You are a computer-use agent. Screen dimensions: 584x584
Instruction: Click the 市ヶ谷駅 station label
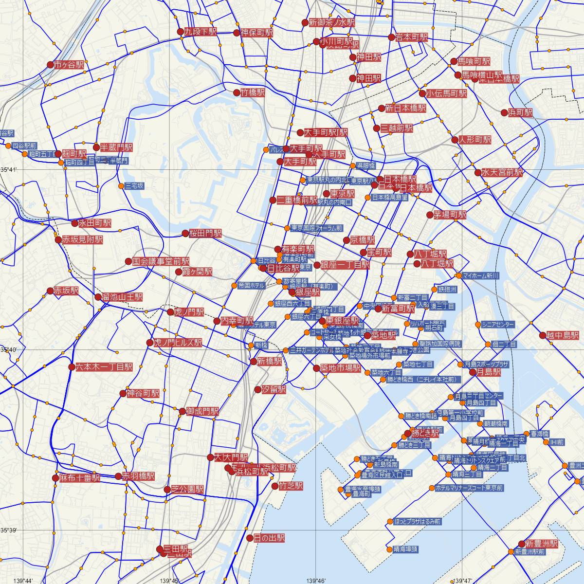pyautogui.click(x=69, y=64)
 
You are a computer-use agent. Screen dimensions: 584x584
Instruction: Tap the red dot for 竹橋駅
pyautogui.click(x=237, y=92)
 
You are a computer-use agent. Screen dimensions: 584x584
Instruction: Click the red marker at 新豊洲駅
pyautogui.click(x=521, y=544)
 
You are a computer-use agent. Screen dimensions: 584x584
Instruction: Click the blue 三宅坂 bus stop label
pyautogui.click(x=134, y=186)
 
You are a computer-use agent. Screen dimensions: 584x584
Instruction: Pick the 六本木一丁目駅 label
pyautogui.click(x=104, y=367)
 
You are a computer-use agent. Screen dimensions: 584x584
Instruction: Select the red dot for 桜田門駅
pyautogui.click(x=185, y=234)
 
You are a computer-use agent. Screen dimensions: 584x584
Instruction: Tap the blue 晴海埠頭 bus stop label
pyautogui.click(x=405, y=549)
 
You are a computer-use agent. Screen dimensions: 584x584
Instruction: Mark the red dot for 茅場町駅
pyautogui.click(x=430, y=215)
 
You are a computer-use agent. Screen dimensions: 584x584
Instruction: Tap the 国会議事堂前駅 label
pyautogui.click(x=161, y=261)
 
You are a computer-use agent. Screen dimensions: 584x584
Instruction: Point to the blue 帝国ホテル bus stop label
pyautogui.click(x=252, y=285)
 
